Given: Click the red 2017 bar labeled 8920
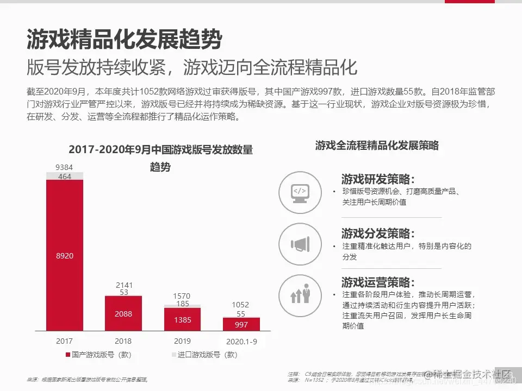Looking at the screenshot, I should click(x=65, y=255).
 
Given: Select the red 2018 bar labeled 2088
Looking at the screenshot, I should click(x=123, y=313).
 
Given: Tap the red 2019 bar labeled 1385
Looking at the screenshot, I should click(x=182, y=319).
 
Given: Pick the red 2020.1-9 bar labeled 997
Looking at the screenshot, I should click(x=241, y=325).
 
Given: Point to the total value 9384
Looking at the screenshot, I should click(x=65, y=167).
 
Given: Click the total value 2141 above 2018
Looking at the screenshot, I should click(x=124, y=285).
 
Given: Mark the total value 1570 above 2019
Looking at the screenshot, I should click(x=182, y=296).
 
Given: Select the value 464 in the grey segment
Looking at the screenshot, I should click(x=65, y=176).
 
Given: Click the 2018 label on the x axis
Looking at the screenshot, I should click(x=123, y=341).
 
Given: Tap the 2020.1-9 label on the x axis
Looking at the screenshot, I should click(x=241, y=342).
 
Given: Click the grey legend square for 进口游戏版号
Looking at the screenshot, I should click(x=174, y=355).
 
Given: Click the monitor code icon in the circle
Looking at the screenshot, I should click(x=300, y=193).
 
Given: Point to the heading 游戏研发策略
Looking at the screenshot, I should click(x=378, y=180).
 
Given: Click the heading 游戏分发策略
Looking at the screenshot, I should click(x=378, y=234).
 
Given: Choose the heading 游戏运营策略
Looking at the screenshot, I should click(x=378, y=282).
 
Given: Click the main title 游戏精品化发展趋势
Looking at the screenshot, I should click(x=125, y=39).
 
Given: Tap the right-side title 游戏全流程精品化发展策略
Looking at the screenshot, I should click(x=377, y=146).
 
